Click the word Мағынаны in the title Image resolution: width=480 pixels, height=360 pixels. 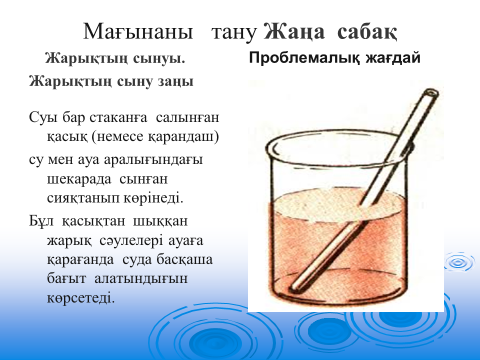point(138,33)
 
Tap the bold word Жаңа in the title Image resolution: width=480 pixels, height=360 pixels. point(294,33)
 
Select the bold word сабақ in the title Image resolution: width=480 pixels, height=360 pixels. point(367,33)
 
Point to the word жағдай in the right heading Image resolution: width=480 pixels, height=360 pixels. point(393,59)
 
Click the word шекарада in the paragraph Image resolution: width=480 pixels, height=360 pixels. point(79,180)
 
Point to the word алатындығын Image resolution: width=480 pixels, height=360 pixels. point(141,279)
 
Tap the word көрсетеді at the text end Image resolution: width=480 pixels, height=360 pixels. point(81,298)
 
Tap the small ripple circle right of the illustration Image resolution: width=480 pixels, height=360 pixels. point(460,262)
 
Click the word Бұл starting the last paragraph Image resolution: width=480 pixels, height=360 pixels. point(41,222)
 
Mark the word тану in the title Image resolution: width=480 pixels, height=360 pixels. point(234,33)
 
